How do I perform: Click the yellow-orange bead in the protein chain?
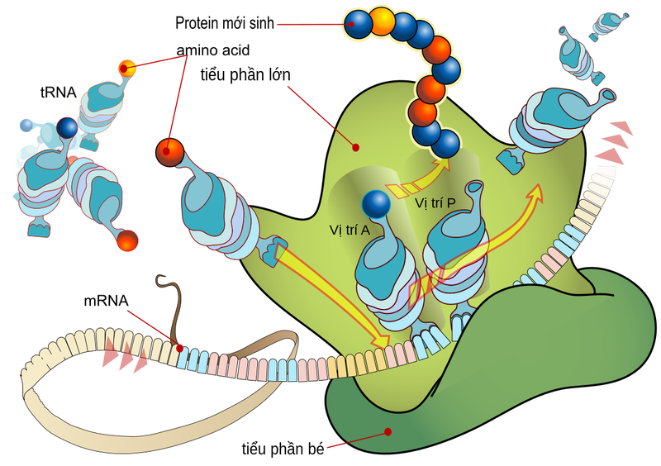coord(382,21)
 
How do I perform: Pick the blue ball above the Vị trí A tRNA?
coord(377,202)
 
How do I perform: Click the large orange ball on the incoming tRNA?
coord(169,151)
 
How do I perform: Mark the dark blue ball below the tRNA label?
coord(66,128)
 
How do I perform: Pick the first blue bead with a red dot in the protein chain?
coord(358,25)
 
